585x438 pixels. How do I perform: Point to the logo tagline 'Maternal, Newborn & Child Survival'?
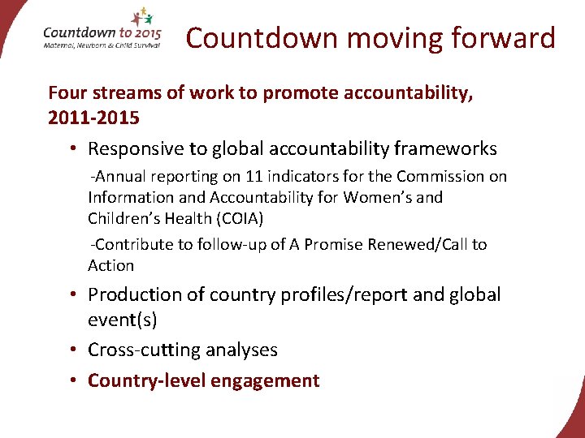pos(102,45)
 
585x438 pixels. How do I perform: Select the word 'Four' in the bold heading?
pos(67,93)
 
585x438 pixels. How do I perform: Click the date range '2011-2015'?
pos(93,118)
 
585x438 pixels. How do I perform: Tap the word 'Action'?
pos(111,266)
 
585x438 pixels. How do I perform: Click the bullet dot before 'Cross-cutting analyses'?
pos(73,350)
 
